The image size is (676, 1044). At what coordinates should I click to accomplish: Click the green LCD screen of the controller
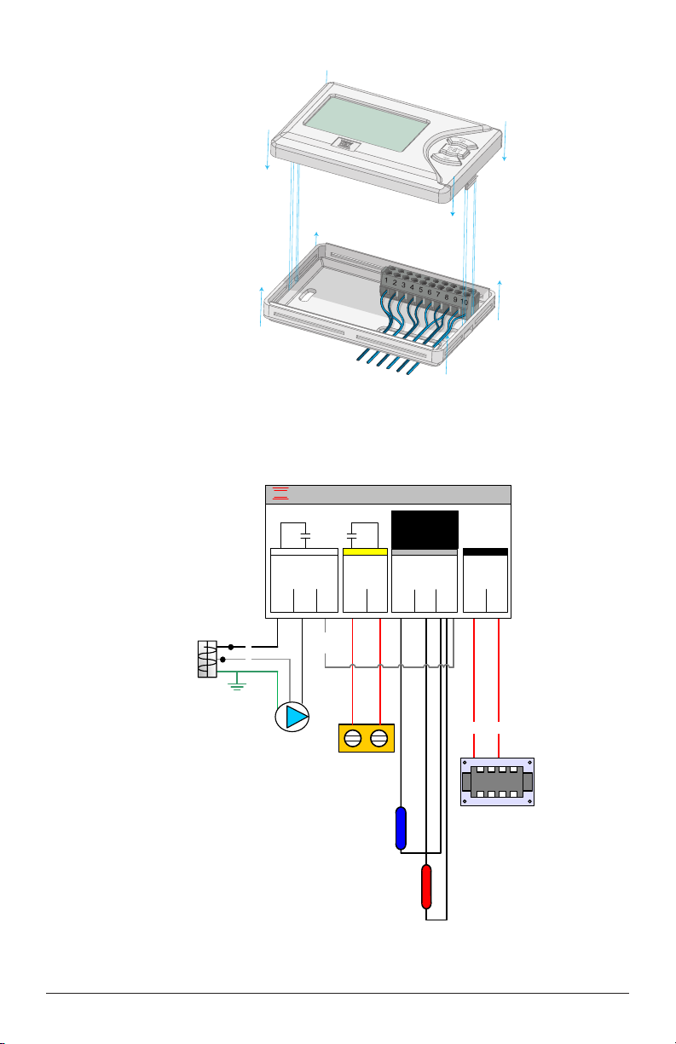click(367, 123)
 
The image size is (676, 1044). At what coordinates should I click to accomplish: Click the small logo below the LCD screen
click(346, 145)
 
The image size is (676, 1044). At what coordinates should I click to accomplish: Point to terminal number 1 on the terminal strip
click(386, 280)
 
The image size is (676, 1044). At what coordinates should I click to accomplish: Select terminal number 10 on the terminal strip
click(464, 302)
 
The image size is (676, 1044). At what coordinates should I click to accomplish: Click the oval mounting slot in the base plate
click(308, 295)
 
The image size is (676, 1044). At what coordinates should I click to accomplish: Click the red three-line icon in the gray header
click(280, 493)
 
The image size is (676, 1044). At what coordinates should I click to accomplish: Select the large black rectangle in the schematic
click(425, 529)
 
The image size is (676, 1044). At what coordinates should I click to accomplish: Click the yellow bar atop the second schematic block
click(365, 552)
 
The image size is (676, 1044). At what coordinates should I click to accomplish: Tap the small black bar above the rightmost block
click(485, 552)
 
